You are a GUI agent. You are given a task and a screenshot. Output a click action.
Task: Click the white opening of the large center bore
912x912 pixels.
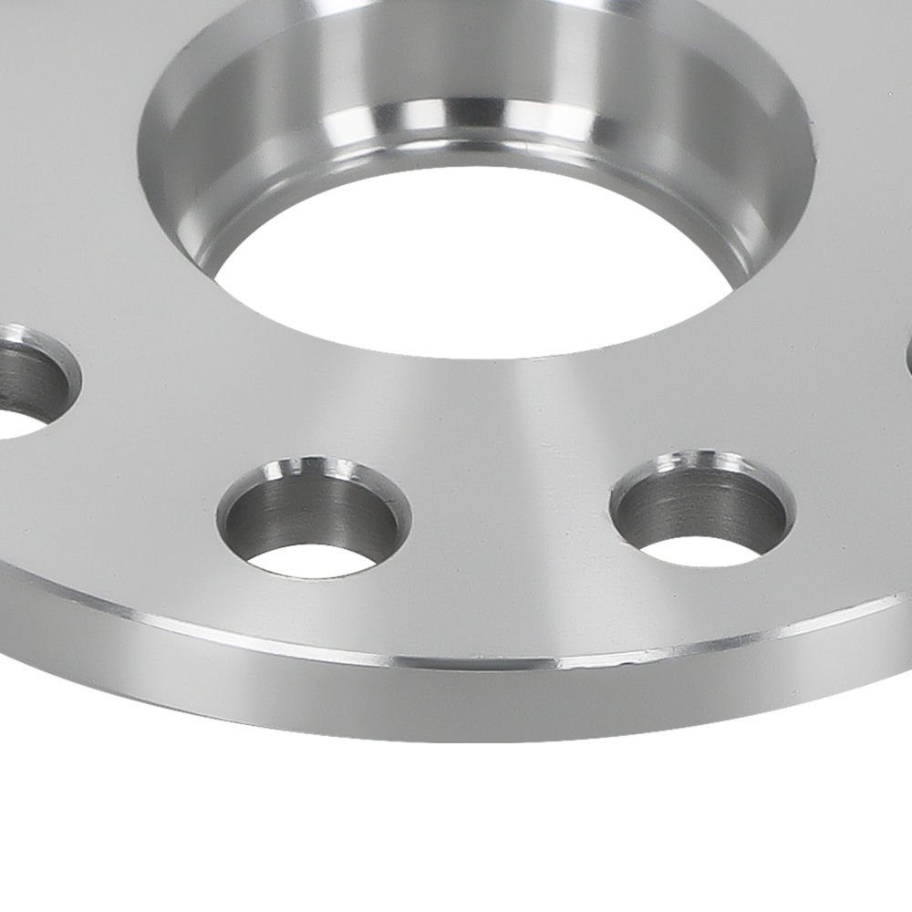click(474, 274)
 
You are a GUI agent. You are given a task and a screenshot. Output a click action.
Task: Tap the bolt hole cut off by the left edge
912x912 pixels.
click(27, 378)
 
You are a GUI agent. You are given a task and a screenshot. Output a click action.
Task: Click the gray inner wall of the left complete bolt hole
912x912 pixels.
click(310, 511)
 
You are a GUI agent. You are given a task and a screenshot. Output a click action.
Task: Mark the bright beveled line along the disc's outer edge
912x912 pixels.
click(365, 649)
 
